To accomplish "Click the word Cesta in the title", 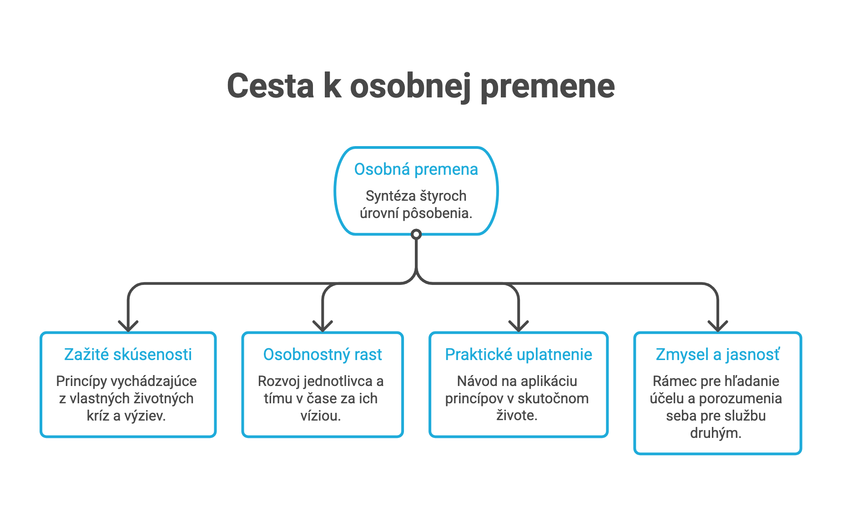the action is [270, 86].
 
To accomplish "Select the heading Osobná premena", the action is [416, 169].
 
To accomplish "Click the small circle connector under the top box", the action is [416, 234].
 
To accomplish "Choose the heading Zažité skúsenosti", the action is [128, 354].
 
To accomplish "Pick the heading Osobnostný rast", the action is [323, 355].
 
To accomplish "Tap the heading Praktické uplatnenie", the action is [519, 355].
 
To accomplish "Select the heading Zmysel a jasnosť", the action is [718, 355].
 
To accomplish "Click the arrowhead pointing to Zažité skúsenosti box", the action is [128, 326].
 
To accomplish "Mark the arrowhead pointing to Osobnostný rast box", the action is [323, 326].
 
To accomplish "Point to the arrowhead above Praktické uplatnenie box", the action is [519, 326].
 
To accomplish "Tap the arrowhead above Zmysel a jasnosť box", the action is [718, 326].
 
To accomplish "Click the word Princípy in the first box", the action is [81, 381].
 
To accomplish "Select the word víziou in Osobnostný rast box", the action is [321, 416].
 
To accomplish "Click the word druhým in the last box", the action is [716, 433].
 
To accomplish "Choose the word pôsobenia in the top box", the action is [438, 213].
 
